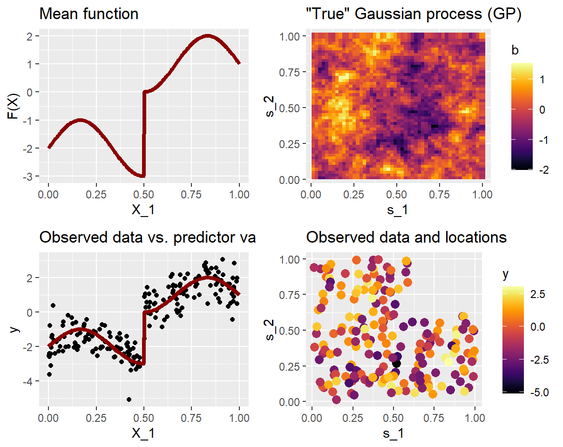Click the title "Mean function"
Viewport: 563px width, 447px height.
88,14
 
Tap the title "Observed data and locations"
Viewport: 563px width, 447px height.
406,237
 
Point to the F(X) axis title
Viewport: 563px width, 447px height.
14,106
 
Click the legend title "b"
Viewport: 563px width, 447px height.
515,51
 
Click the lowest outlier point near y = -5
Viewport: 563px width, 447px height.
129,399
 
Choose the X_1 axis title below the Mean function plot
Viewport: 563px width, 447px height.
144,210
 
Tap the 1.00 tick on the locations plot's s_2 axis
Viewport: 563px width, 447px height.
292,259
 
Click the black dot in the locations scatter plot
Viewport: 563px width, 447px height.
396,364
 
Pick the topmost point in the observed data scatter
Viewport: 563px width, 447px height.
223,259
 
